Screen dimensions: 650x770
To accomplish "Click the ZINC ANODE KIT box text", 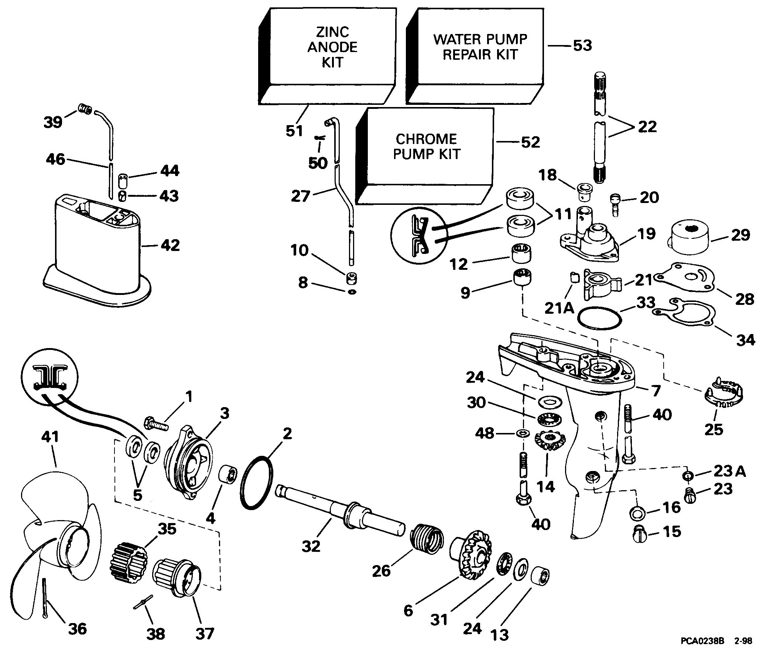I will [332, 47].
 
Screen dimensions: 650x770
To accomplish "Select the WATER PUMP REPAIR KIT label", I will [480, 47].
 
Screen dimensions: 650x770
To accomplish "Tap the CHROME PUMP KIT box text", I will [426, 147].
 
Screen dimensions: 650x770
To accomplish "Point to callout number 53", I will [582, 46].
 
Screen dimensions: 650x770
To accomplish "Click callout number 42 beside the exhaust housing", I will [170, 245].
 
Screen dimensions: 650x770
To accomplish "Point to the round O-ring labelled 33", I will [599, 317].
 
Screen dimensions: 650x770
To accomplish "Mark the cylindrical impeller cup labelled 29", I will [689, 238].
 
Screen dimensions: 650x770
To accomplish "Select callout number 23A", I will [729, 471].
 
